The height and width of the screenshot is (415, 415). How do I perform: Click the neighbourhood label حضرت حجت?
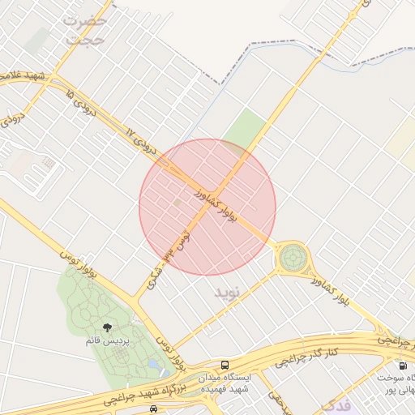[x=84, y=28]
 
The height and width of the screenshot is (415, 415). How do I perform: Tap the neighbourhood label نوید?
[x=228, y=291]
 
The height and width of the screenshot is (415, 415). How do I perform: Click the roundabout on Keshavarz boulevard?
[x=292, y=259]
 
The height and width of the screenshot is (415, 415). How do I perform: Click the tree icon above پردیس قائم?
[x=108, y=327]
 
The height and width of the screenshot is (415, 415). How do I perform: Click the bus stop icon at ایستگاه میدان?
[x=225, y=366]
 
